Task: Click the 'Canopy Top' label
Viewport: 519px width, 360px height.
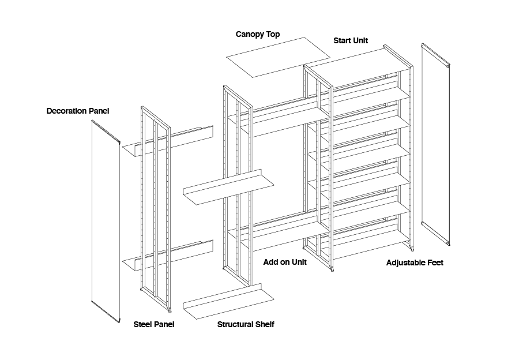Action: [258, 35]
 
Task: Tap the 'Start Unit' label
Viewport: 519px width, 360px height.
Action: [351, 41]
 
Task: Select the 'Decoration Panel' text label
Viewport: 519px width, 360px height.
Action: [78, 111]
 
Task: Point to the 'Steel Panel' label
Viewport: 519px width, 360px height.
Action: [154, 324]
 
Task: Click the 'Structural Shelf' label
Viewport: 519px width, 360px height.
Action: [246, 324]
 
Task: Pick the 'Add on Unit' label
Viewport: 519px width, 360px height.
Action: [285, 262]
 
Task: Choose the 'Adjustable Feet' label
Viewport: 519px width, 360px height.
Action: [415, 263]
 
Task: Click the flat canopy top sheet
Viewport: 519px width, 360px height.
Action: [278, 57]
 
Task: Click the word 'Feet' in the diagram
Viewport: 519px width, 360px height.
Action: [434, 263]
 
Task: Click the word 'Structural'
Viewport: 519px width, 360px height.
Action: [235, 324]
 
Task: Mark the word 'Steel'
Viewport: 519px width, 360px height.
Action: [143, 324]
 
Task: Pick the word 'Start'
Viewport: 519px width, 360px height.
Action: [343, 41]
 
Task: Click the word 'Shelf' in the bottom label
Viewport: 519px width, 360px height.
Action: [264, 324]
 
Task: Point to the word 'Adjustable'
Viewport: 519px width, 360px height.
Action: [405, 263]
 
